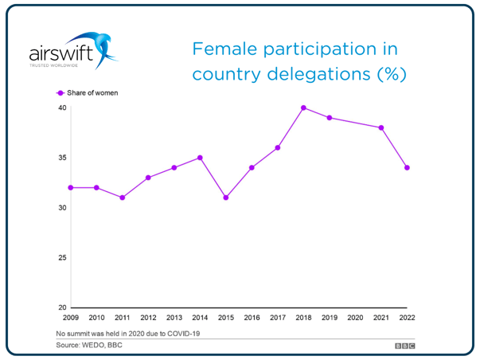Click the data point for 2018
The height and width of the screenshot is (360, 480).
304,108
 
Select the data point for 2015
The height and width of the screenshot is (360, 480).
226,198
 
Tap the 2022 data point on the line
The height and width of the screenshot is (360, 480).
408,167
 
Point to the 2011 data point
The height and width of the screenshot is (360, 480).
122,198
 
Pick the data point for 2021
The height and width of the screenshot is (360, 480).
381,127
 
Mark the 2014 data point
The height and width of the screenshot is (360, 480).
200,158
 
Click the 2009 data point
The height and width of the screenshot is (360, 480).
70,187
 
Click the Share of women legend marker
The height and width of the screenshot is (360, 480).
60,93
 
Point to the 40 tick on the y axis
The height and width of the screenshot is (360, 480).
61,108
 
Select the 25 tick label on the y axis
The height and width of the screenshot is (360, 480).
61,257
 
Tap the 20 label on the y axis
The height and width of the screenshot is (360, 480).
61,307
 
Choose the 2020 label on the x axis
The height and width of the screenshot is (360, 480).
356,318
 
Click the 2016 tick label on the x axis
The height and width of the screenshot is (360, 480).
252,318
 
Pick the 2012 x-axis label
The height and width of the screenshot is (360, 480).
148,318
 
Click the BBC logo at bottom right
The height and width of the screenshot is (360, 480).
405,346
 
